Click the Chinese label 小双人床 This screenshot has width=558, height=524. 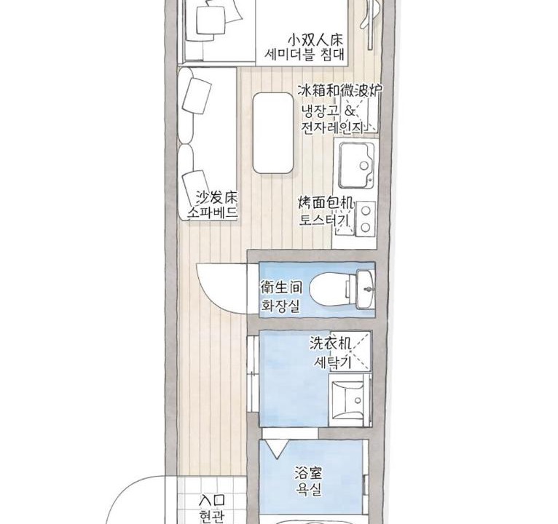[315, 39]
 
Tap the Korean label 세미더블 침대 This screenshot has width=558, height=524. [304, 55]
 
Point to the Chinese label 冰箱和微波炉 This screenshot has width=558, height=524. [340, 91]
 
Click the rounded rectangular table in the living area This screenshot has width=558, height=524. [273, 133]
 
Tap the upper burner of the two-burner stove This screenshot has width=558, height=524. [366, 211]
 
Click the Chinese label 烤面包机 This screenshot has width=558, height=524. [326, 204]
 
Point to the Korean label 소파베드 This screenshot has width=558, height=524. [212, 213]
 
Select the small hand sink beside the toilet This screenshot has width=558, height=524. [365, 289]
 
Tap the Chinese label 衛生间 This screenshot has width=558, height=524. [281, 287]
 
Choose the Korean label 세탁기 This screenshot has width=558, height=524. [332, 362]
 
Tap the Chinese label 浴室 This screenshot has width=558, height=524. [308, 474]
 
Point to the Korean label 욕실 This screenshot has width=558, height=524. [309, 489]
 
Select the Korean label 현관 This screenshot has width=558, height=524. [212, 516]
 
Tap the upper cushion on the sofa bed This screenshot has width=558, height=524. [197, 95]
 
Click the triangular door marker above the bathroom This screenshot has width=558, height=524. [278, 448]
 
